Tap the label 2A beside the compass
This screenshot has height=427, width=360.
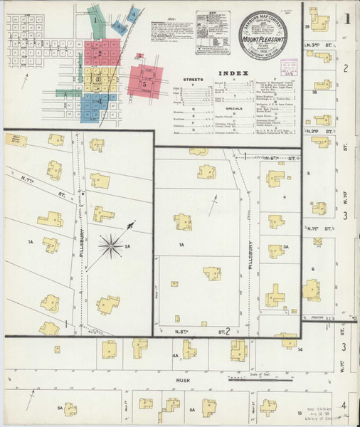tap(127, 246)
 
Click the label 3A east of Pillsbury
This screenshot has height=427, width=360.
tap(285, 246)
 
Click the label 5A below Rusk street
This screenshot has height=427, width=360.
tap(60, 408)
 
